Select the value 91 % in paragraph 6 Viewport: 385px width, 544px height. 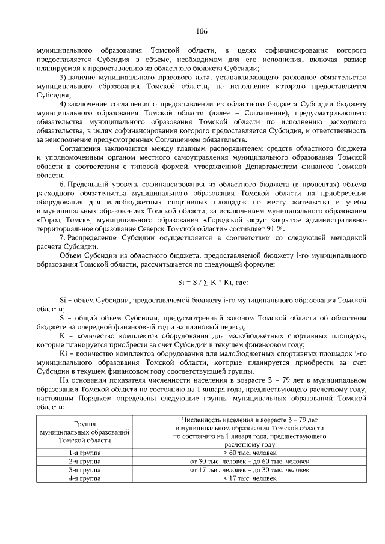point(275,228)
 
